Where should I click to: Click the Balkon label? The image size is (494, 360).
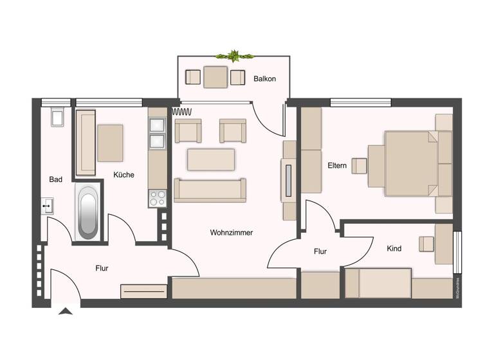264,79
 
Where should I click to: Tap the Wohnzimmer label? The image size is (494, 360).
231,233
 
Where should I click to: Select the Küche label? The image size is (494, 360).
123,174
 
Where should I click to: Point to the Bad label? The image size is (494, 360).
56,179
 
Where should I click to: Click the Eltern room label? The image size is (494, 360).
337,166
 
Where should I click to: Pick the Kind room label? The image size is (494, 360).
394,248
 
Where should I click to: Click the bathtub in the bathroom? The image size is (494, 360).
87,212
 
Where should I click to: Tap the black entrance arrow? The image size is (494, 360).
66,312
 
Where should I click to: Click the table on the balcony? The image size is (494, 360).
215,77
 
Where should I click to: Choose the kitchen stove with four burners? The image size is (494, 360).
157,198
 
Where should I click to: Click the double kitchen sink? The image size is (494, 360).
157,133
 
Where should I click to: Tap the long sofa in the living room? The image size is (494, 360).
210,190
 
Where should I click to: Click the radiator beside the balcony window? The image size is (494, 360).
183,111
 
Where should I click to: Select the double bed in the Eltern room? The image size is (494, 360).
412,163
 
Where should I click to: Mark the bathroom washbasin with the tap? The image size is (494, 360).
48,206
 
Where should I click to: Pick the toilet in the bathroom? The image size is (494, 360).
57,116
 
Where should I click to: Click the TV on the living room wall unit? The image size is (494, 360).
289,181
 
